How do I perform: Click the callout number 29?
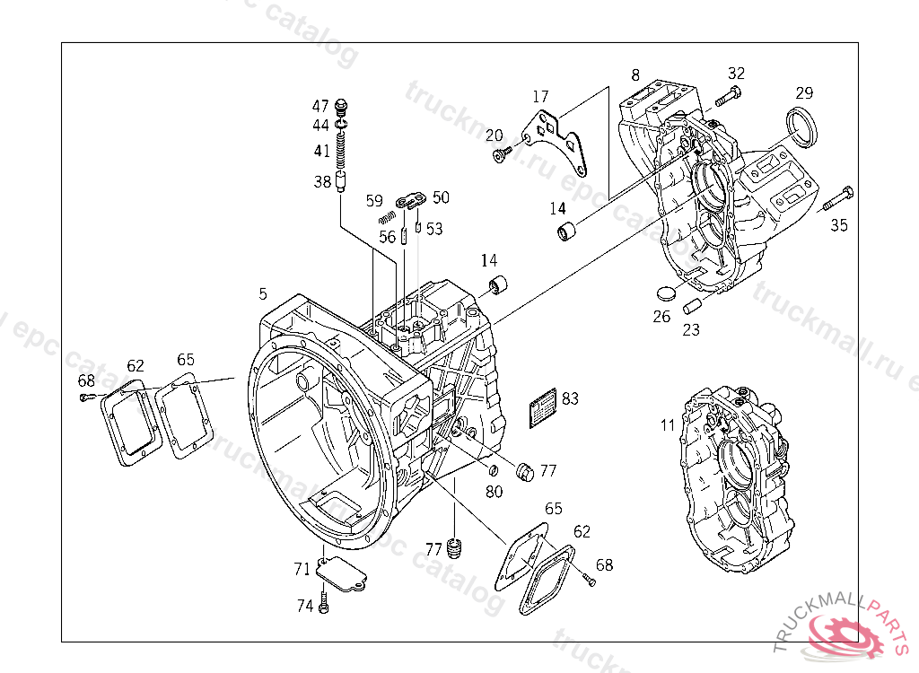tap(804, 93)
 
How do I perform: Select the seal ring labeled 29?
tap(802, 125)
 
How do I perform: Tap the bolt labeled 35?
tap(838, 200)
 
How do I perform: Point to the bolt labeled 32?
tap(728, 94)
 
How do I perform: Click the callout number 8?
tap(635, 75)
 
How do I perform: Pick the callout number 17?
tap(539, 96)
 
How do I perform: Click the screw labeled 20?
tap(499, 156)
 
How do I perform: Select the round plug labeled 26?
tap(665, 293)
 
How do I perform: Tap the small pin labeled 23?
tap(692, 306)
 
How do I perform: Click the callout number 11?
tap(667, 425)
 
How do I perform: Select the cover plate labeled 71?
tap(340, 572)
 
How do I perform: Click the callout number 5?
tap(262, 294)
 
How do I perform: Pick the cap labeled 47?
tap(341, 106)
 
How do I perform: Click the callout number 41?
tap(321, 151)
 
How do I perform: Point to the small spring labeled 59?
tap(388, 216)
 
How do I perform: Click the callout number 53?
tap(434, 229)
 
